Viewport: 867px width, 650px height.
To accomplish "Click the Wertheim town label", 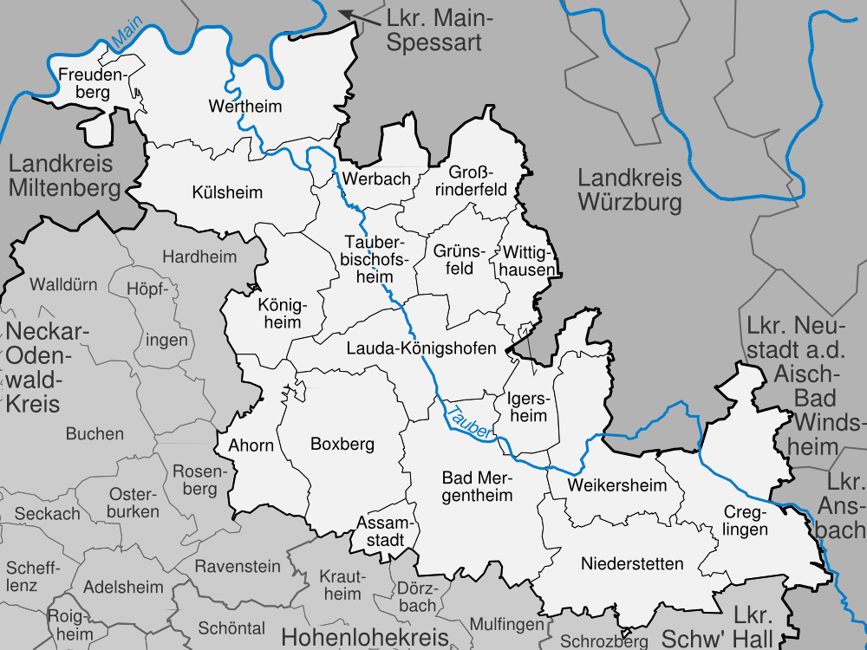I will pyautogui.click(x=246, y=107).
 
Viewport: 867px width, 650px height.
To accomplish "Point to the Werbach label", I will pyautogui.click(x=376, y=179).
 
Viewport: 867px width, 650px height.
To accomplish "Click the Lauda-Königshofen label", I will pyautogui.click(x=420, y=348).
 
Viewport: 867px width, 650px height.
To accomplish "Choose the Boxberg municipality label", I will pyautogui.click(x=342, y=445).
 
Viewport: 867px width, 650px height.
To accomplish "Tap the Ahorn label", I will pyautogui.click(x=251, y=446).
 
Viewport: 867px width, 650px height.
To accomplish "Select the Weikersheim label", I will pyautogui.click(x=617, y=485).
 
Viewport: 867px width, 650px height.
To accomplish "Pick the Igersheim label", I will pyautogui.click(x=527, y=407).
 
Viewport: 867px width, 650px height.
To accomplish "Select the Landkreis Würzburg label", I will pyautogui.click(x=630, y=191).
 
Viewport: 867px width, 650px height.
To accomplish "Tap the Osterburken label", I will pyautogui.click(x=134, y=503).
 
